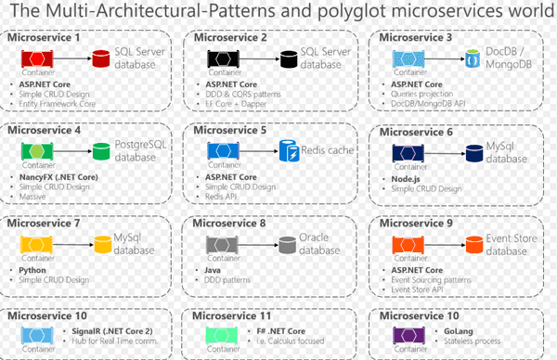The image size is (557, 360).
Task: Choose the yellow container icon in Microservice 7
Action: (36, 243)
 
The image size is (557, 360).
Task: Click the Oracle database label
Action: (320, 244)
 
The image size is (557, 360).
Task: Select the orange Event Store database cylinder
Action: (471, 244)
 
